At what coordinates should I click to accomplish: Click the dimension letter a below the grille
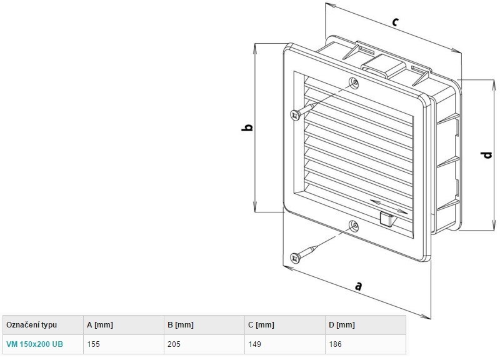pyautogui.click(x=359, y=286)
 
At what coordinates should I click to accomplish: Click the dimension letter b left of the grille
pyautogui.click(x=247, y=127)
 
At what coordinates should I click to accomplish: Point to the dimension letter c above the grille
pyautogui.click(x=395, y=22)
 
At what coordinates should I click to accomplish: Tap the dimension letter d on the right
pyautogui.click(x=487, y=155)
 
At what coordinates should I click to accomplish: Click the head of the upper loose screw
pyautogui.click(x=295, y=115)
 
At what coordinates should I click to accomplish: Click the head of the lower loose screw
pyautogui.click(x=295, y=257)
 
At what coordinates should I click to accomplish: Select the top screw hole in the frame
pyautogui.click(x=354, y=83)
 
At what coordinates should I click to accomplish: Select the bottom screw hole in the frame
pyautogui.click(x=354, y=226)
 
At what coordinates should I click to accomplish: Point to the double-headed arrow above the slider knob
pyautogui.click(x=389, y=206)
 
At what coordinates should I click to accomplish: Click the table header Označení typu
pyautogui.click(x=32, y=325)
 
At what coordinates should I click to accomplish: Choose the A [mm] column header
pyautogui.click(x=100, y=325)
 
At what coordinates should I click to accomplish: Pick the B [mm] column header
pyautogui.click(x=181, y=325)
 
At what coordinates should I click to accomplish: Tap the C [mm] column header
pyautogui.click(x=261, y=325)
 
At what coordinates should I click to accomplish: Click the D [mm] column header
pyautogui.click(x=342, y=325)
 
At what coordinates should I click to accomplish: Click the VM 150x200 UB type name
pyautogui.click(x=35, y=344)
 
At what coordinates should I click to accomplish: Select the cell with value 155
pyautogui.click(x=93, y=344)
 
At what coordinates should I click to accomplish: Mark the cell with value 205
pyautogui.click(x=174, y=344)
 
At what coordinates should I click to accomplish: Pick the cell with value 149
pyautogui.click(x=255, y=344)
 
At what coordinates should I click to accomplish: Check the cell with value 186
pyautogui.click(x=336, y=344)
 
